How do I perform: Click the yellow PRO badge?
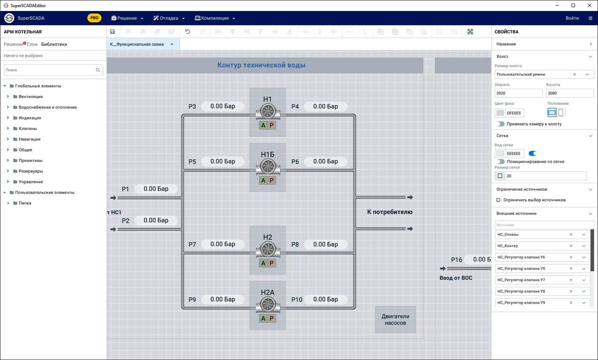(94, 18)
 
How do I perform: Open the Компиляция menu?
(214, 18)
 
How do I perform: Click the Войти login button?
(572, 18)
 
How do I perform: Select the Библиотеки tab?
(54, 44)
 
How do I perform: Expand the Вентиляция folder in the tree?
(8, 97)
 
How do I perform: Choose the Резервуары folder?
(30, 171)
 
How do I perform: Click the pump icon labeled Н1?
(268, 112)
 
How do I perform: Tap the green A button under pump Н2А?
(263, 319)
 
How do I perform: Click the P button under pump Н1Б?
(272, 181)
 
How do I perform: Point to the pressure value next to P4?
(325, 107)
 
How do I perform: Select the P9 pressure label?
(192, 300)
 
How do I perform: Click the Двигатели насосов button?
(395, 319)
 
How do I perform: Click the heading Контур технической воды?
(261, 65)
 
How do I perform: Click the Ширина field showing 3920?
(518, 93)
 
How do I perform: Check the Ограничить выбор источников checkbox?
(498, 200)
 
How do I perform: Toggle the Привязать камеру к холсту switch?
(500, 124)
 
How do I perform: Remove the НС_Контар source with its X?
(571, 246)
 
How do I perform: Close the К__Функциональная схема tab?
(172, 44)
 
